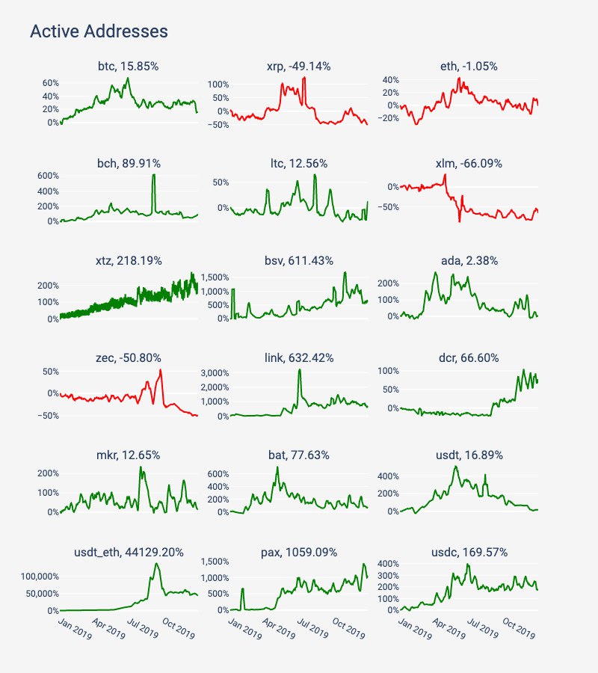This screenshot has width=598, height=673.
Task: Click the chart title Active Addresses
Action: (x=98, y=31)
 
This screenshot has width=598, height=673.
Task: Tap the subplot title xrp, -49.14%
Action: (x=298, y=67)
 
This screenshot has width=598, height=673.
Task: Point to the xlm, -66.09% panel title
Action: (x=469, y=164)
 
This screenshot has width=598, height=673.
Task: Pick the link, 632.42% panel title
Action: (x=298, y=358)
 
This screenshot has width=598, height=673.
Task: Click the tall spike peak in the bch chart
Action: (x=153, y=175)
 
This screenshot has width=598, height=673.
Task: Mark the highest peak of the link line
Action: (x=300, y=369)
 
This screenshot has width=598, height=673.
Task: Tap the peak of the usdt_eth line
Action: (x=156, y=564)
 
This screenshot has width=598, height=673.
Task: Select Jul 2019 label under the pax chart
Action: (x=311, y=627)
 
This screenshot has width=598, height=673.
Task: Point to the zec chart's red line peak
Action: (x=161, y=370)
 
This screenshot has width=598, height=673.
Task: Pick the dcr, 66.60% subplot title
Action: (x=469, y=358)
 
